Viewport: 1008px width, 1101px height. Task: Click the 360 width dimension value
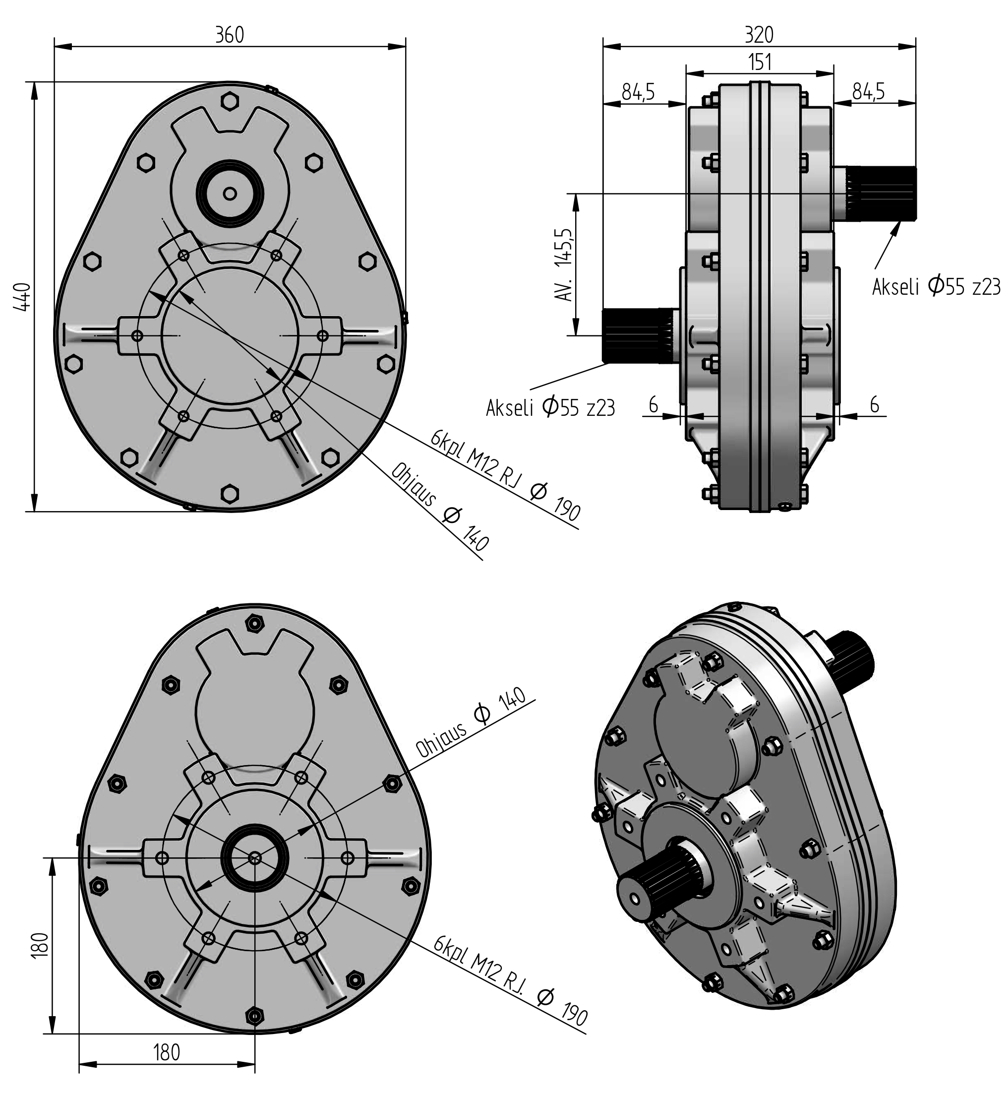coord(229,34)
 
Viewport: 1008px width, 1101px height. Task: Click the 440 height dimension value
coord(22,297)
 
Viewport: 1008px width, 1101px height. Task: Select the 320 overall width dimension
coord(759,34)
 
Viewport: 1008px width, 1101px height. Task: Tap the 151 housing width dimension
coord(759,62)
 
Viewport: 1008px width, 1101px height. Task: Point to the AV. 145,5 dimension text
coord(564,264)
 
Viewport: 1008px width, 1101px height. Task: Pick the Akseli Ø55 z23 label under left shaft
coord(550,407)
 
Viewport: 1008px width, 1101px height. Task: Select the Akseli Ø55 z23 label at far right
coord(936,287)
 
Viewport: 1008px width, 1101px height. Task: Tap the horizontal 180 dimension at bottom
coord(167,1052)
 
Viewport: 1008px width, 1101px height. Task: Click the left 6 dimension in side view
coord(653,405)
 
